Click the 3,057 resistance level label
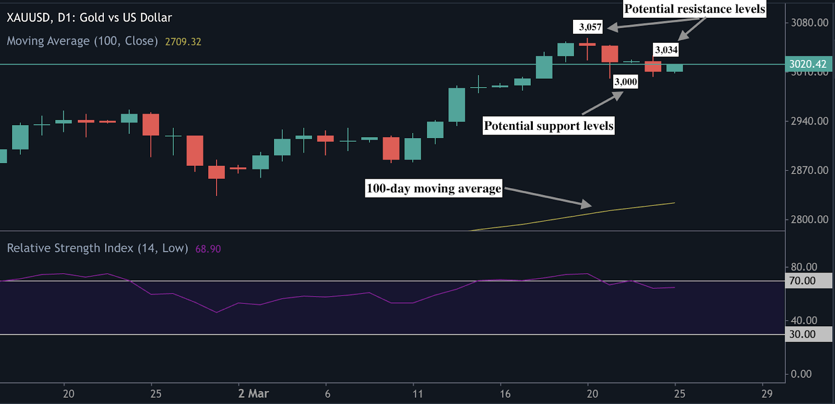pos(590,27)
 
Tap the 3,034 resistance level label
pos(666,50)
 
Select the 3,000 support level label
pos(626,81)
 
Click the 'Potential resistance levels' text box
pos(695,9)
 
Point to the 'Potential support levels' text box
pos(548,126)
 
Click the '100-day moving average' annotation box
pos(434,188)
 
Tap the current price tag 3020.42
pos(808,64)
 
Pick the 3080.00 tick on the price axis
pos(809,22)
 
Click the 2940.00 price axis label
pos(809,121)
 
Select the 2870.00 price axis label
pos(809,170)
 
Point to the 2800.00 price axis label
pos(809,219)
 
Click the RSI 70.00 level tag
pos(803,281)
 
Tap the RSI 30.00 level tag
pos(803,334)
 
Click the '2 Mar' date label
pos(253,394)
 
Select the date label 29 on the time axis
pos(767,394)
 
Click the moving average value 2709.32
pos(183,42)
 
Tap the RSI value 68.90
pos(208,249)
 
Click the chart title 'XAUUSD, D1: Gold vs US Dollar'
pos(89,18)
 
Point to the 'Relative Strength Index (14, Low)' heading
pos(97,248)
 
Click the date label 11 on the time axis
pos(417,394)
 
